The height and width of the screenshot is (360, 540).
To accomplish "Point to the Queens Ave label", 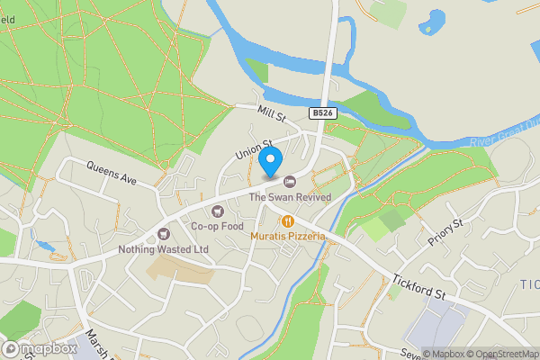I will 112,173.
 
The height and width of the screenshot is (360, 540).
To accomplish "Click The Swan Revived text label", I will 290,197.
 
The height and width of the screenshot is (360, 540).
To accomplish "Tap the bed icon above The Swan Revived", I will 290,183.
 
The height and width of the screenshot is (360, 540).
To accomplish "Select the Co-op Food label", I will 217,226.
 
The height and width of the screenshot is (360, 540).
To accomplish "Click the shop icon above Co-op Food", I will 217,211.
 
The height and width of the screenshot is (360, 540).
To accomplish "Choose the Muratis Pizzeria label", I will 288,235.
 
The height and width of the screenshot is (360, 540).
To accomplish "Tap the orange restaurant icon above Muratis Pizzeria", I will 288,220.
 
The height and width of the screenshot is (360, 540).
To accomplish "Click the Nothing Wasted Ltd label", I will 163,249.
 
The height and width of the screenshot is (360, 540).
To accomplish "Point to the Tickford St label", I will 418,286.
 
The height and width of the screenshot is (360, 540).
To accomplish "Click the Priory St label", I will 445,234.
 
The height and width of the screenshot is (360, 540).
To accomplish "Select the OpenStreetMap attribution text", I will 500,353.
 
